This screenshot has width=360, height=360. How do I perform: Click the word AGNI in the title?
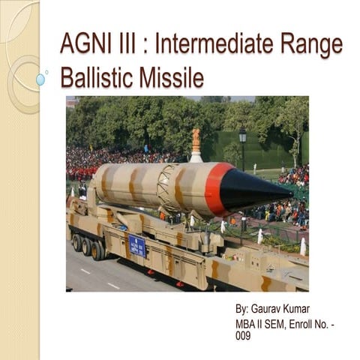tap(85, 45)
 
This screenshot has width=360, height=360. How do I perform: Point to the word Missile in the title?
tap(175, 77)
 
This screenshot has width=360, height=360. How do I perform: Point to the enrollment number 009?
tap(243, 336)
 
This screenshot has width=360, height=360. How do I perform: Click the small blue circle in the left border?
tap(40, 79)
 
